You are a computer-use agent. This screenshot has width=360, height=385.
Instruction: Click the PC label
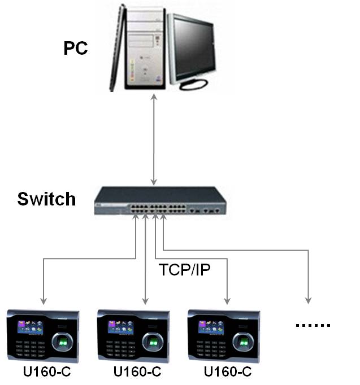(75, 48)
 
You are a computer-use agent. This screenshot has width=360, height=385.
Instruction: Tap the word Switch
(46, 199)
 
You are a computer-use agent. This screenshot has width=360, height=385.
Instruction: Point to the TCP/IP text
(185, 270)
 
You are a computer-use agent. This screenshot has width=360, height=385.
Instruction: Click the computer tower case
(145, 49)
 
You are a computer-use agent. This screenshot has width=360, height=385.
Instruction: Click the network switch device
(160, 201)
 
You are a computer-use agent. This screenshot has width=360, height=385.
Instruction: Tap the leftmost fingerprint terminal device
(44, 336)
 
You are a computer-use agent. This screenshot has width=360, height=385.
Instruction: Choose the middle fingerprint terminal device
(134, 336)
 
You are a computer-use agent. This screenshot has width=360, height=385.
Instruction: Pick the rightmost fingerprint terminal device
(224, 336)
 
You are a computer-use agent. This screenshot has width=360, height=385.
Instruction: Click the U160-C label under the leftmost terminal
(47, 371)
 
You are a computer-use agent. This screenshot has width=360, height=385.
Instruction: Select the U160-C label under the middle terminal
(137, 371)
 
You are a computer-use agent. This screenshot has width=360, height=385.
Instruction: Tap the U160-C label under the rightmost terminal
(228, 371)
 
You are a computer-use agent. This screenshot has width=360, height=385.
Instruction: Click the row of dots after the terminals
(313, 325)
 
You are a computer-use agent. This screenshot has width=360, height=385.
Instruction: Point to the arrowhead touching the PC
(154, 97)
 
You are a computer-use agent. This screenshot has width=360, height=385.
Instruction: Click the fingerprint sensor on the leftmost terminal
(62, 342)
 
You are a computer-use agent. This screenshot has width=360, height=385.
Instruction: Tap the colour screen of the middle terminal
(120, 327)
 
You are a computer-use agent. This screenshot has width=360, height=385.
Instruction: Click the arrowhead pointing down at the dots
(308, 300)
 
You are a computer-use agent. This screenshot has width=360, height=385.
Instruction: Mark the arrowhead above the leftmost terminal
(44, 301)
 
